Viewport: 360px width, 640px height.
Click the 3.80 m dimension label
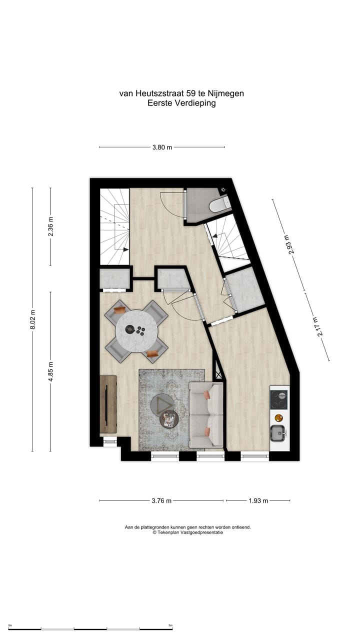162,147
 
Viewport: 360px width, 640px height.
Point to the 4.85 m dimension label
50,371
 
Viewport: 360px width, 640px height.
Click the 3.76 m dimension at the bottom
161,500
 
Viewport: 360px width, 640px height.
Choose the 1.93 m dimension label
258,500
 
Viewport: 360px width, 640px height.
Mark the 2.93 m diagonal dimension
288,244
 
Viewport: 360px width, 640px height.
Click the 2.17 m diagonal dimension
316,327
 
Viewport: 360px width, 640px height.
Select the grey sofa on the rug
206,414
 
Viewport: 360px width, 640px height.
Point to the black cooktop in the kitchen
279,399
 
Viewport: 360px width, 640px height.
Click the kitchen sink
277,432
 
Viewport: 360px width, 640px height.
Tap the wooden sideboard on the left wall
108,404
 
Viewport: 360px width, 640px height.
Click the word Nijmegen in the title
227,93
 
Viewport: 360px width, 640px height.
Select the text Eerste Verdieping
181,103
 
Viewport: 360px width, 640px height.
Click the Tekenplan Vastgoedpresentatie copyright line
188,532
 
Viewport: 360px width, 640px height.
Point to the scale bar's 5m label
170,625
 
